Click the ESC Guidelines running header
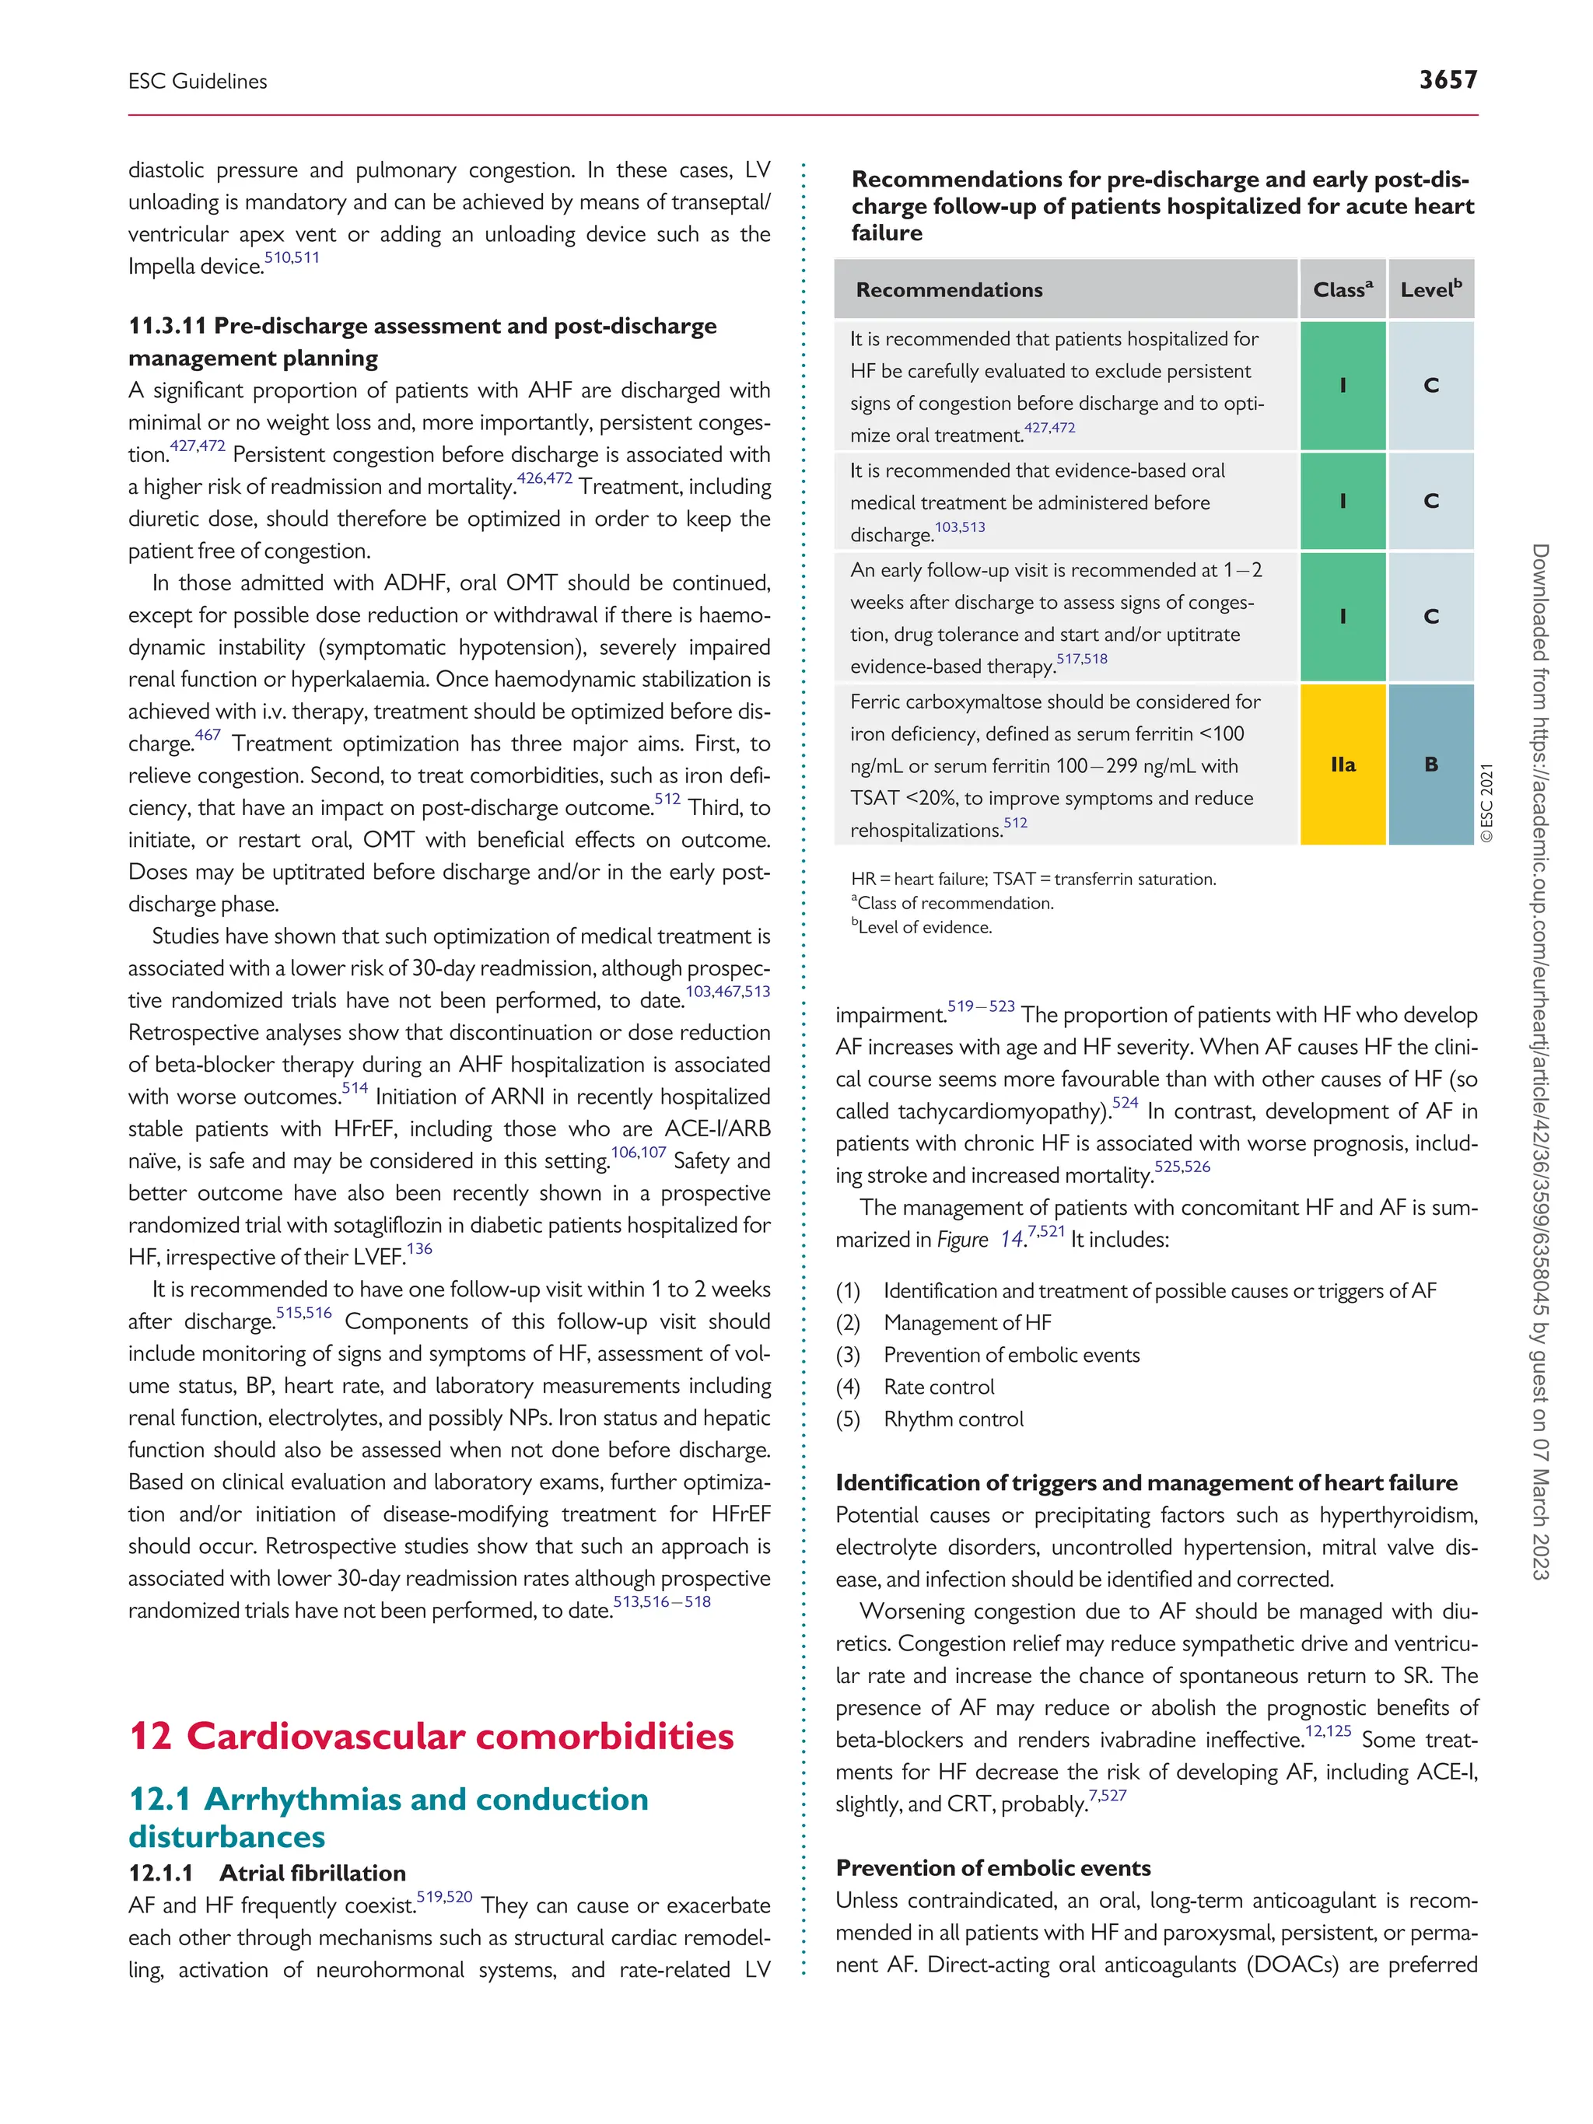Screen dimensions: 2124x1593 click(x=198, y=82)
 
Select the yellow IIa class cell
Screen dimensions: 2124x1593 click(x=1343, y=765)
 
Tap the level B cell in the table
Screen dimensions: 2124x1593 click(x=1430, y=765)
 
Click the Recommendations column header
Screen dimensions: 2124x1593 click(x=949, y=290)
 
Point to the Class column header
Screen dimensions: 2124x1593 click(x=1343, y=290)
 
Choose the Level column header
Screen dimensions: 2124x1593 click(x=1430, y=290)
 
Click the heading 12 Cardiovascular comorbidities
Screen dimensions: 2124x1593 click(x=431, y=1736)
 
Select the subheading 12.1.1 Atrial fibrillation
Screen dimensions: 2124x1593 click(x=267, y=1873)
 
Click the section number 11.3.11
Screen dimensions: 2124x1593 click(x=167, y=327)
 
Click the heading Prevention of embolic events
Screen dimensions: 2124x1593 click(x=993, y=1867)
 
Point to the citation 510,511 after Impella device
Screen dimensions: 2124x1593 click(x=292, y=258)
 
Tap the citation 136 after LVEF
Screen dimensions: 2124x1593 click(x=419, y=1249)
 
